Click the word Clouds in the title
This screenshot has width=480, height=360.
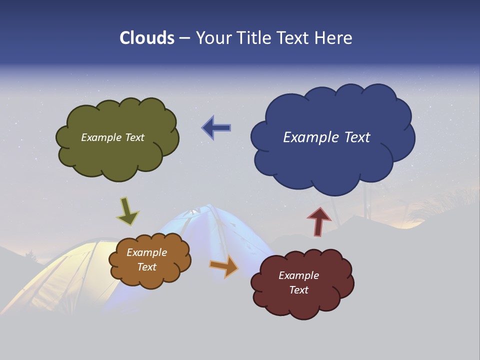point(146,38)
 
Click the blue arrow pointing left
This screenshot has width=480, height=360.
point(216,127)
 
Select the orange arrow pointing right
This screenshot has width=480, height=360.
point(224,265)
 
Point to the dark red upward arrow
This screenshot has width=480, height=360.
point(318,221)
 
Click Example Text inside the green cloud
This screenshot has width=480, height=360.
point(112,137)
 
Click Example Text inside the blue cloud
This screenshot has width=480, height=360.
point(326,137)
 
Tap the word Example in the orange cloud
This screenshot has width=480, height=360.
point(146,252)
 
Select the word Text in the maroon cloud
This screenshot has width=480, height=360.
point(298,290)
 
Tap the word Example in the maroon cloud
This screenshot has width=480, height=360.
point(298,275)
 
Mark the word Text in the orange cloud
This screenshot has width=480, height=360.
point(146,267)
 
